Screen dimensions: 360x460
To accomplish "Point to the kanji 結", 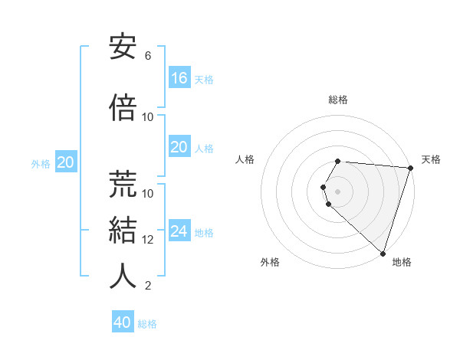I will coord(123,231).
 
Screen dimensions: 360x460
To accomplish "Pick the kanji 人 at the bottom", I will coord(123,277).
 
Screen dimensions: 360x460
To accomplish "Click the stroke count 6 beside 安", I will coord(148,56).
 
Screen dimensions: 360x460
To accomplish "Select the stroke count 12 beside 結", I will coord(148,239).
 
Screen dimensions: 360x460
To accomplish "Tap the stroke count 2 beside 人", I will coord(148,286).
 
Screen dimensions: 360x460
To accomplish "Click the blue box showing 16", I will coord(179,78).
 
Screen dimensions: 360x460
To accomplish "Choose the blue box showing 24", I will coord(179,231).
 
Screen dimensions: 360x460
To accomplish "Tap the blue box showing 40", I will coord(123,322).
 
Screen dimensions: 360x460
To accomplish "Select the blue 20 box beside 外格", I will coord(65,162).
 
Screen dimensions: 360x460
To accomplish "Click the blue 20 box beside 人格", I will coord(179,147).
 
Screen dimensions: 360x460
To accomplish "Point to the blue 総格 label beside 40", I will coord(147,324).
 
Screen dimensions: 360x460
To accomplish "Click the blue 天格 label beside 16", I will coord(203,80).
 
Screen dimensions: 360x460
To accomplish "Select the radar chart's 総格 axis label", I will coord(338,100).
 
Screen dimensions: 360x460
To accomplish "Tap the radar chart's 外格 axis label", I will coord(270,262).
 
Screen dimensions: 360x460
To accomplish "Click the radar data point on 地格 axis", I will coord(383,253).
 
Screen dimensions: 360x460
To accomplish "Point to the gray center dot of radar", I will coord(338,191).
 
